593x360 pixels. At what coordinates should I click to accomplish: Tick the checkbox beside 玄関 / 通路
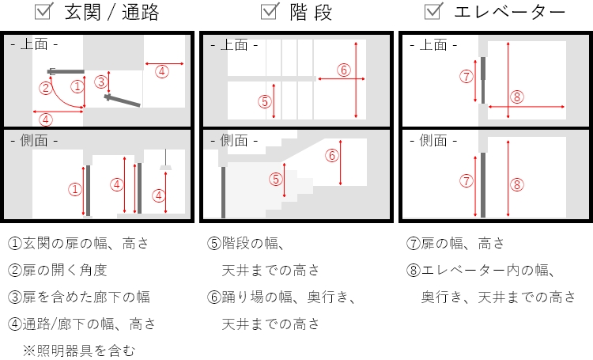tap(45, 11)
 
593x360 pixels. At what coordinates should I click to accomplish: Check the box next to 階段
tap(270, 11)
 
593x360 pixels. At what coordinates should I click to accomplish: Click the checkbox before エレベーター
tap(433, 11)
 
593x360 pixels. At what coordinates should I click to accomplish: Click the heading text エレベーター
tap(510, 12)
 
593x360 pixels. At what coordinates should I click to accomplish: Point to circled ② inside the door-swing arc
tap(47, 88)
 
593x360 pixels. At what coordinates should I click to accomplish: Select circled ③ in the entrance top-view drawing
tap(100, 81)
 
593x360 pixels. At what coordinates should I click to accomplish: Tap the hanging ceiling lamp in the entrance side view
tap(166, 167)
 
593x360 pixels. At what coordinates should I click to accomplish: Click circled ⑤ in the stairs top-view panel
tap(265, 101)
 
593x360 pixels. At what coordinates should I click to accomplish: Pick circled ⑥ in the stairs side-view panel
tap(331, 155)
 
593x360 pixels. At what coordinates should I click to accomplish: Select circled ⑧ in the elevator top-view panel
tap(517, 97)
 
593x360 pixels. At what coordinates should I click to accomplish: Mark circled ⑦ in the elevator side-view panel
tap(466, 181)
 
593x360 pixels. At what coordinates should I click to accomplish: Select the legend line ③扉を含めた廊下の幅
tap(79, 297)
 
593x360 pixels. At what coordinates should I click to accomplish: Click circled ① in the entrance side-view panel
tap(74, 189)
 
